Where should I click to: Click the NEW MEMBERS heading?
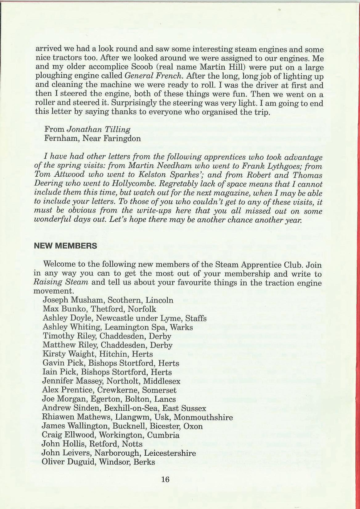(x=66, y=246)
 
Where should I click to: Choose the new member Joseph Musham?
(x=66, y=300)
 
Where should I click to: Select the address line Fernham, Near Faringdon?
(x=92, y=138)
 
